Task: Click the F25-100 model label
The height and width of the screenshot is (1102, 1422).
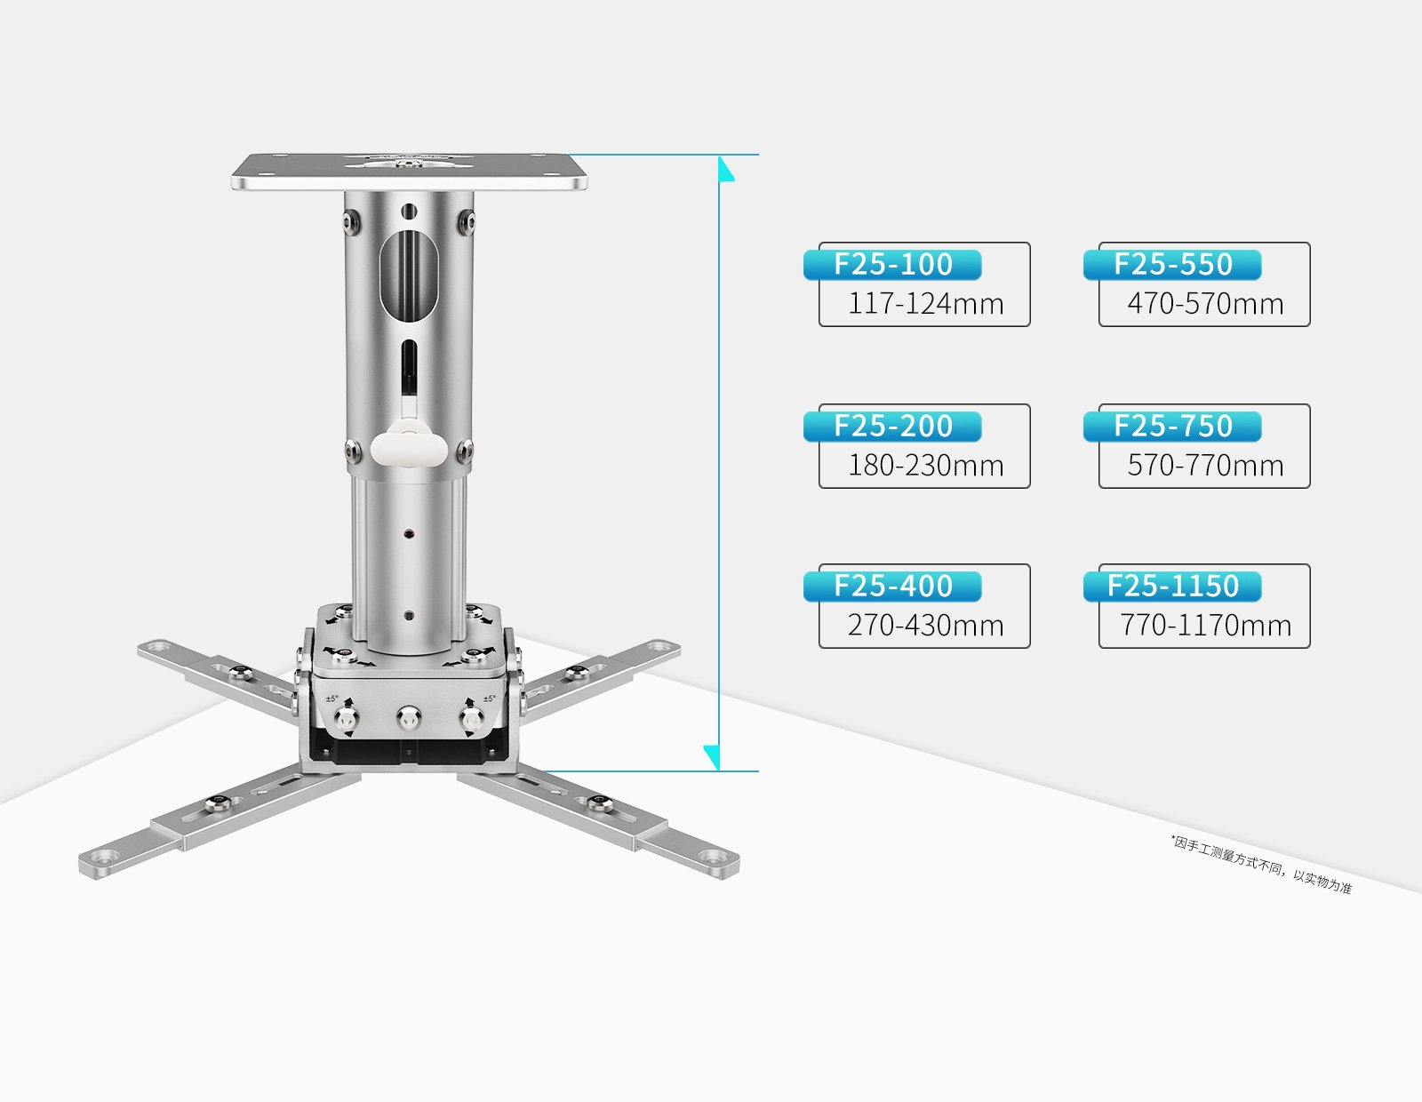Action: coord(892,264)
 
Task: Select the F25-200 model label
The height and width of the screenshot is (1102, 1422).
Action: coord(892,426)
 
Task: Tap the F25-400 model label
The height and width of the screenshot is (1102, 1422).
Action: coord(892,586)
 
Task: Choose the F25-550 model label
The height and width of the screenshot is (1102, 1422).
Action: coord(1172,264)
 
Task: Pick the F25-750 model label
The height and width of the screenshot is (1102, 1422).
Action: coord(1172,426)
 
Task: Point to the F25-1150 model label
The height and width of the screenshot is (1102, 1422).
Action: coord(1172,586)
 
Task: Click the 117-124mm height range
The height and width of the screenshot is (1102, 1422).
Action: coord(925,304)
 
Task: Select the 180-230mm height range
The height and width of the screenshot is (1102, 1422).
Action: coord(925,466)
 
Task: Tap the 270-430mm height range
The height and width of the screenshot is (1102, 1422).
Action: coord(925,625)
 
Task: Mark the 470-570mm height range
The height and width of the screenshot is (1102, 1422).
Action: coord(1205,304)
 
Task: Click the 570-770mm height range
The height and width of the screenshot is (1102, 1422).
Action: coord(1205,466)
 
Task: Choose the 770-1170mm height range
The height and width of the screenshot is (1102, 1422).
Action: coord(1205,625)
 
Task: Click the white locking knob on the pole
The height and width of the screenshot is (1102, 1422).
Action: coord(409,445)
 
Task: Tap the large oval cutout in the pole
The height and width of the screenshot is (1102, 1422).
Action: coord(409,275)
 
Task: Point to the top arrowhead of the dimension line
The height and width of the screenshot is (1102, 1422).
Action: coord(725,169)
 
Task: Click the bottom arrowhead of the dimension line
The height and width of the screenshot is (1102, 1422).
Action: coord(712,758)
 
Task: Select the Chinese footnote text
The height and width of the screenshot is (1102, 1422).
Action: coord(1261,864)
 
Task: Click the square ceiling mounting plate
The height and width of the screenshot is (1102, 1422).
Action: coord(409,172)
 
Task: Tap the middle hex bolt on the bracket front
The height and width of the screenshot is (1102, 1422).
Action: coord(409,719)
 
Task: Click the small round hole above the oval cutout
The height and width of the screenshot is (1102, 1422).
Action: coord(409,212)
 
